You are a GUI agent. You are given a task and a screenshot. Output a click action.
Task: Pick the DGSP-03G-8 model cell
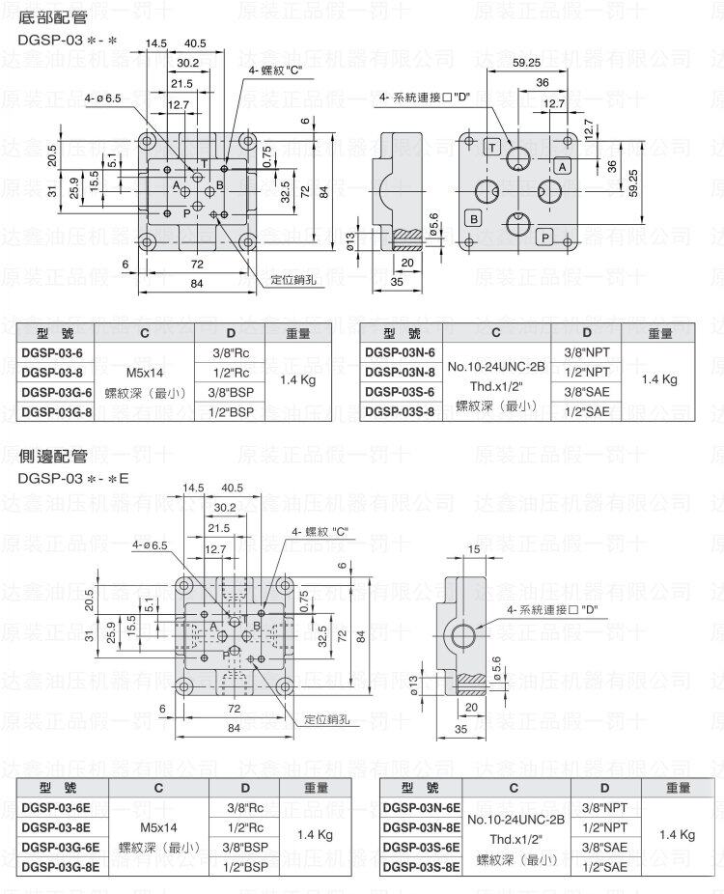coord(57,411)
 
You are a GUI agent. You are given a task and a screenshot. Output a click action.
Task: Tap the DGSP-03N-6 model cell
coord(400,352)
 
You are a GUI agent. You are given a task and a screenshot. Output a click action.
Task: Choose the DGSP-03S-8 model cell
coord(400,411)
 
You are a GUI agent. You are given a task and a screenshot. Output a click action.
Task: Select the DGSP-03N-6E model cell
coord(421,808)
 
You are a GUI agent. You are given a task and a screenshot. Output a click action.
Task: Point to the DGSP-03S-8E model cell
coord(421,867)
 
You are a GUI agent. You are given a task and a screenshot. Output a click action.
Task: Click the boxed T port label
coord(492,147)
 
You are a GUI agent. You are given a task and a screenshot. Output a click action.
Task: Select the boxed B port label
coord(474,218)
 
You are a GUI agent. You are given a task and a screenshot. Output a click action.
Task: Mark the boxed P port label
coord(544,237)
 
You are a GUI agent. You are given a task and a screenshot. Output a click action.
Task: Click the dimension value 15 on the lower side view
coord(473,548)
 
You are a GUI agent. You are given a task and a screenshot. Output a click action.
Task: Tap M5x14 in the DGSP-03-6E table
coord(159,827)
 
